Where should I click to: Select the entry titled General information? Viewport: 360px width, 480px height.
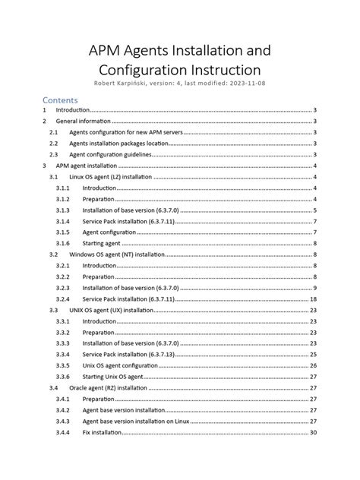click(84, 121)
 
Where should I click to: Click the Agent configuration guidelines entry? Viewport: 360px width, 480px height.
click(106, 154)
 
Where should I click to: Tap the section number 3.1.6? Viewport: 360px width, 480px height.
click(63, 243)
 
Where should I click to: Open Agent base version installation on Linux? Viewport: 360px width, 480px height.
click(137, 421)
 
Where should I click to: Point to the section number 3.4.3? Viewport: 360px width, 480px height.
click(63, 421)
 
